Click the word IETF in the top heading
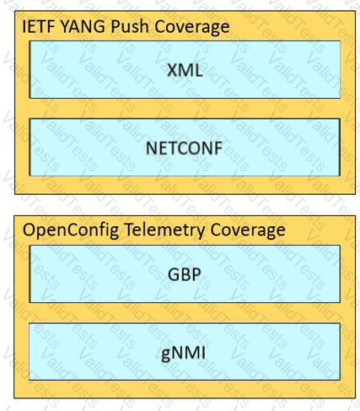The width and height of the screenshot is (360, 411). click(x=39, y=27)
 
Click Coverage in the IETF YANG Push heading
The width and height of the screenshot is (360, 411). click(x=192, y=27)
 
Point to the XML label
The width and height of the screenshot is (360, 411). click(x=185, y=70)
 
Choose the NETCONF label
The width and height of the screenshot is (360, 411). click(x=185, y=148)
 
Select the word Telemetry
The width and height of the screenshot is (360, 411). click(x=164, y=230)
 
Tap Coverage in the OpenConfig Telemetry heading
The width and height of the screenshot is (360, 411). click(x=248, y=230)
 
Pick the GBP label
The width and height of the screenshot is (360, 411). click(x=185, y=274)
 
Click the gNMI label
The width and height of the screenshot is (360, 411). click(x=183, y=354)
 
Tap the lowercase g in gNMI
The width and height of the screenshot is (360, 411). click(x=166, y=355)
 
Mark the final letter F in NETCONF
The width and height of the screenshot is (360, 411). click(x=218, y=148)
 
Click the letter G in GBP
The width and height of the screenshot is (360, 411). click(x=174, y=274)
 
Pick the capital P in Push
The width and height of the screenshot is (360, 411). click(x=116, y=27)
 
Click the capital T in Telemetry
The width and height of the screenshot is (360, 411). click(x=129, y=230)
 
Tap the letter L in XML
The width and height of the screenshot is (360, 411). click(x=198, y=70)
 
